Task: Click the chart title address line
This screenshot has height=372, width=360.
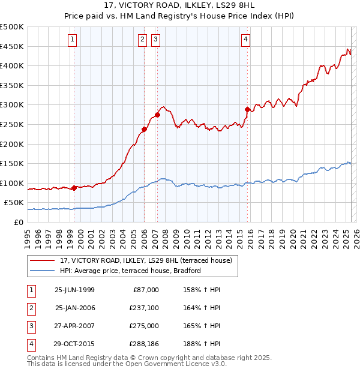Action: [x=180, y=7]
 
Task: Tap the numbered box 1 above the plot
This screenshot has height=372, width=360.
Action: [x=73, y=40]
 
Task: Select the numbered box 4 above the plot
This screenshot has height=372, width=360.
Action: [x=246, y=40]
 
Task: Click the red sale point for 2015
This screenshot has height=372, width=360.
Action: [x=247, y=109]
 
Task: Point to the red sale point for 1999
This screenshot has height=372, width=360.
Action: [x=74, y=188]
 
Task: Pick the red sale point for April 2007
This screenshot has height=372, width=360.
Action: [x=157, y=115]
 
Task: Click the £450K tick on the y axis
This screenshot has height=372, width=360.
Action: [x=12, y=46]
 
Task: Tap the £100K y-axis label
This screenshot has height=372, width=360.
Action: [x=12, y=183]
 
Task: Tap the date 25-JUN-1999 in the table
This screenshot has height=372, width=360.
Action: [x=74, y=290]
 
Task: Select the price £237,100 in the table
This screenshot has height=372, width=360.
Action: [x=143, y=308]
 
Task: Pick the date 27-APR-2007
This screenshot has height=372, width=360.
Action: [x=74, y=326]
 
